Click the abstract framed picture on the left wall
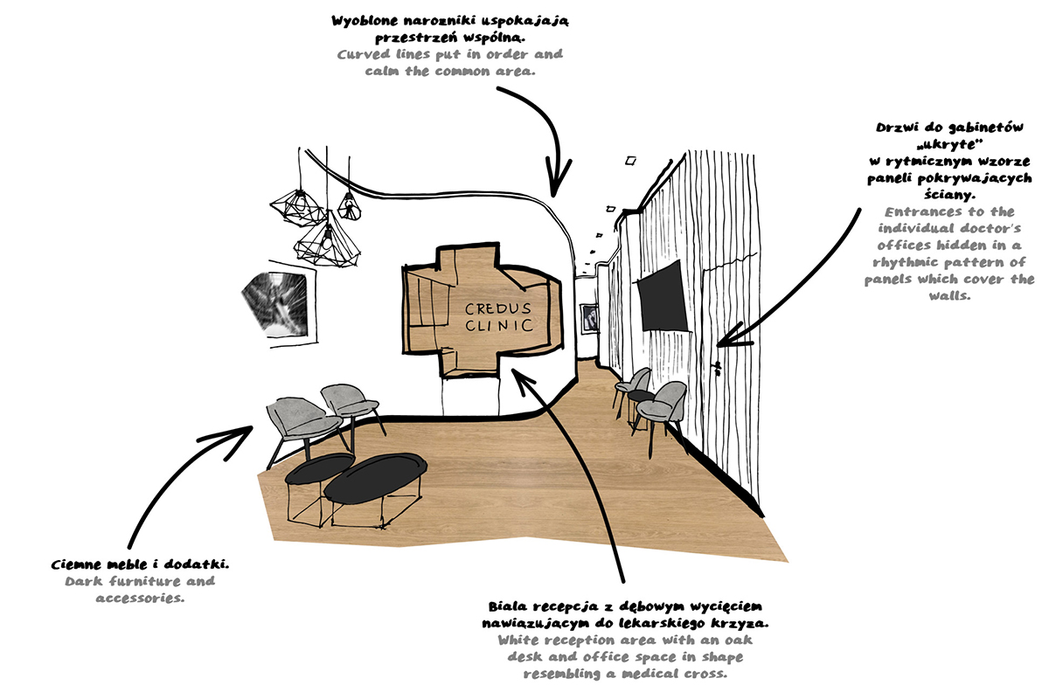(277, 303)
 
